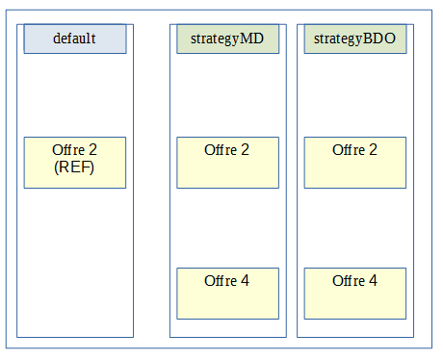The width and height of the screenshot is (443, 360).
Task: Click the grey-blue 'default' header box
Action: coord(75,39)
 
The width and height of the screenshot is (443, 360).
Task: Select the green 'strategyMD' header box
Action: coord(227,39)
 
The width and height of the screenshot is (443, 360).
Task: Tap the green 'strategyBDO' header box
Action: coord(354,39)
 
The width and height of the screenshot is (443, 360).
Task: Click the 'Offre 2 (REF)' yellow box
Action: coord(75,163)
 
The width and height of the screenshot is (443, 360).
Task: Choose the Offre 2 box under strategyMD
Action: coord(227,163)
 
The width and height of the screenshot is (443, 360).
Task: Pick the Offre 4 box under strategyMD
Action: coord(227,293)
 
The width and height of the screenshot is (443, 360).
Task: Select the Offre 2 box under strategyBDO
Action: coord(354,163)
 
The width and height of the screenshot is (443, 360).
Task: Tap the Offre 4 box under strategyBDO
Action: coord(354,293)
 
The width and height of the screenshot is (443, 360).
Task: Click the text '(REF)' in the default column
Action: coord(75,167)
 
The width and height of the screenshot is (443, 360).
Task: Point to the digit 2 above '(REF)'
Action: coord(92,150)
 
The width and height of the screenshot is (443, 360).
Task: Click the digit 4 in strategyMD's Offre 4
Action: coord(245,281)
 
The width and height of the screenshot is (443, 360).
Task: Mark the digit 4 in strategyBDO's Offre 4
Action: coord(373,281)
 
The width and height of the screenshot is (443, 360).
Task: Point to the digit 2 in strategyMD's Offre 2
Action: coord(245,150)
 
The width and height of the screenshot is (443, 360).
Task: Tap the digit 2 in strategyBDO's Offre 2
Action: coord(373,150)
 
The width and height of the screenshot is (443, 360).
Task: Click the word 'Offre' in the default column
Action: coord(69,150)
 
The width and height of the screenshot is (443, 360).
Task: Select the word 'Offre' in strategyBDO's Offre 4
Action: coord(350,281)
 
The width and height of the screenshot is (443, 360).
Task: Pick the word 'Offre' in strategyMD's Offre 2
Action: coord(221,150)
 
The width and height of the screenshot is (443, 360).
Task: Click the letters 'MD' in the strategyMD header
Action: coord(253,39)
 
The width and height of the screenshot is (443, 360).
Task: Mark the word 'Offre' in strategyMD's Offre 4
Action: coord(221,281)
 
